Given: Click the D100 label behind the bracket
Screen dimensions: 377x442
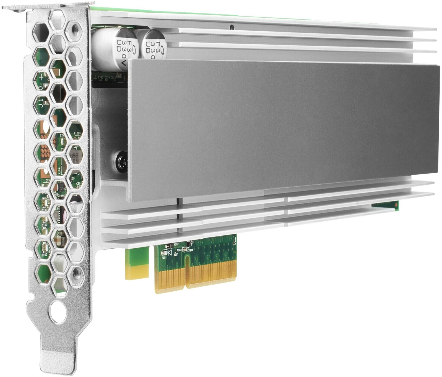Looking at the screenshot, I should coord(44,254).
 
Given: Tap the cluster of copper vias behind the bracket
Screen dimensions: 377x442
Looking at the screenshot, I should coord(44,153).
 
